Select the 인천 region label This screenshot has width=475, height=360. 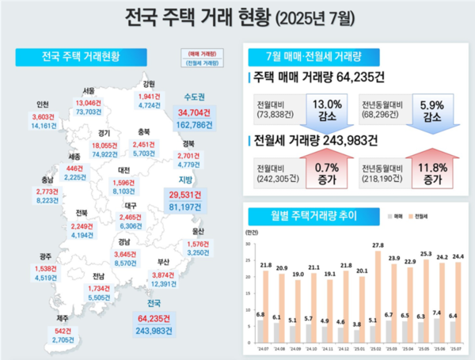click(43, 104)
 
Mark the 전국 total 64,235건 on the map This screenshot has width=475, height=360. click(155, 319)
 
